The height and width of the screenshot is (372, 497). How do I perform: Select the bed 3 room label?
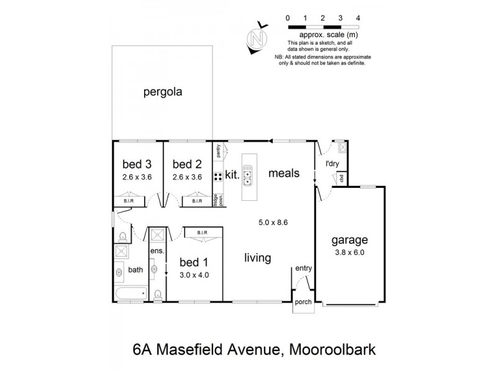pyautogui.click(x=137, y=164)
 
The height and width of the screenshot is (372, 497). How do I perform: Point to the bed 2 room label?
pyautogui.click(x=187, y=164)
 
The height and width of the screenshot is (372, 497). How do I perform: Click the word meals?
pyautogui.click(x=284, y=174)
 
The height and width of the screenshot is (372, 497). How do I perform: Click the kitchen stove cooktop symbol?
pyautogui.click(x=219, y=177)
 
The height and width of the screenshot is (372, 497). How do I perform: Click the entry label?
pyautogui.click(x=304, y=268)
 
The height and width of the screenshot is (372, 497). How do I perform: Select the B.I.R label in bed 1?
pyautogui.click(x=201, y=233)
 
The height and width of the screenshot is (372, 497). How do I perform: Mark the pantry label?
pyautogui.click(x=219, y=150)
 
